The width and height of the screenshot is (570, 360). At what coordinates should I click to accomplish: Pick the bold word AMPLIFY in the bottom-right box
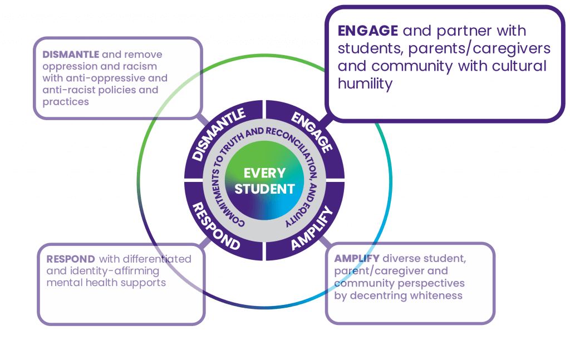pos(356,259)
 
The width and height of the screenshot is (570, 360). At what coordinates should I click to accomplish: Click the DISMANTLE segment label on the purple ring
pos(219,134)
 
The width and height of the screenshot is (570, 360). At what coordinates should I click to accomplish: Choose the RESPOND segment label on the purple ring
pos(216,226)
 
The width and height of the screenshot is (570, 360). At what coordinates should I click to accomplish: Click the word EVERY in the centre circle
pos(264,173)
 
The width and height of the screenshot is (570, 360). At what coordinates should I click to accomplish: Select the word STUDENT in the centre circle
pos(264,189)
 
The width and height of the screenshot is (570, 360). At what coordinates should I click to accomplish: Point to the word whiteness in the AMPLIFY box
pos(435,295)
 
